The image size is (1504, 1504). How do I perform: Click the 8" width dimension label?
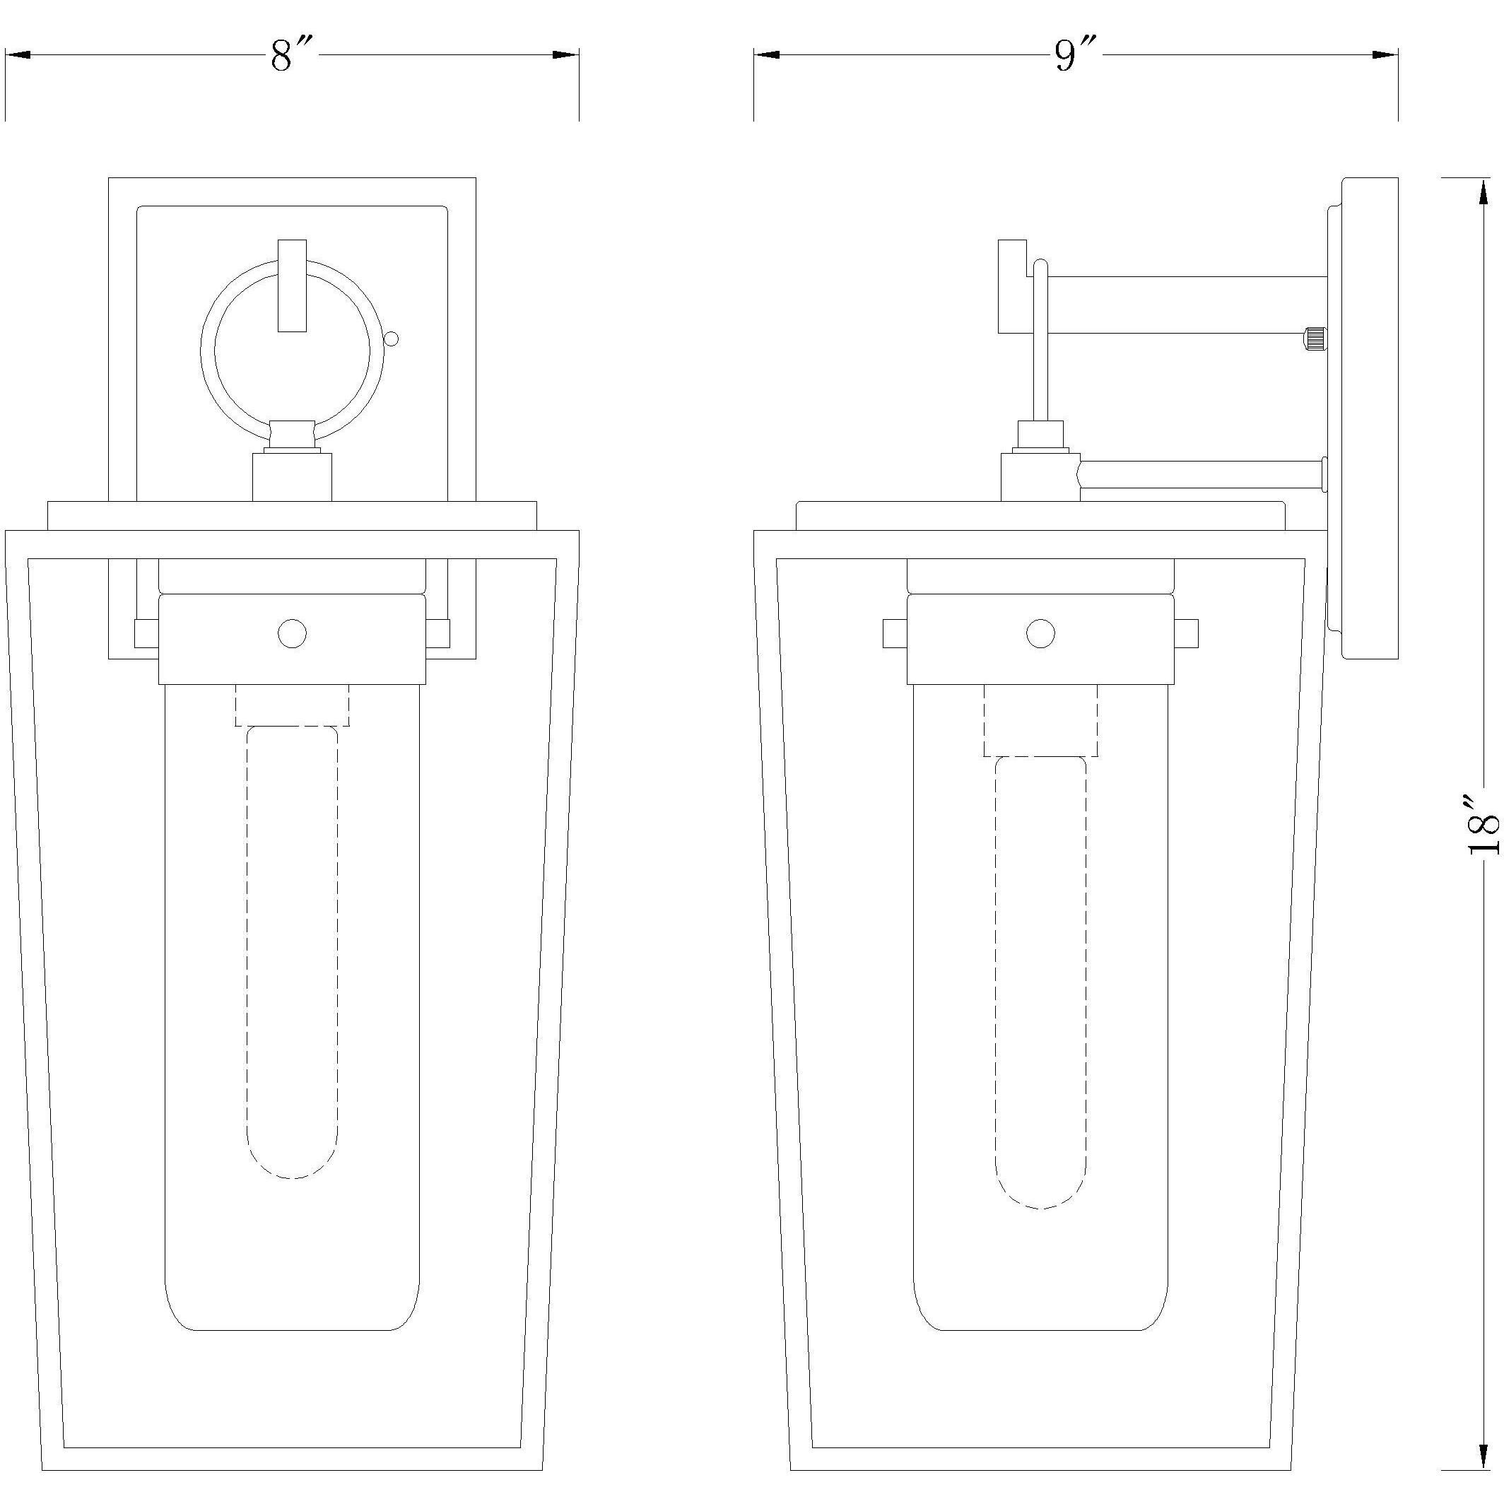point(291,55)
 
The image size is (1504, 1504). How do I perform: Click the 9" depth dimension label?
point(1076,55)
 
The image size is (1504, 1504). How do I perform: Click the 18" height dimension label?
point(1483,826)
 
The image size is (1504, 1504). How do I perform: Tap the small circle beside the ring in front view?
point(392,339)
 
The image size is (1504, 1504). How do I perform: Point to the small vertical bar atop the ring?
point(292,285)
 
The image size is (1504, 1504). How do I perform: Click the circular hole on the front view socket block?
point(292,634)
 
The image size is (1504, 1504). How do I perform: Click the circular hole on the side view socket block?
point(1041,634)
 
